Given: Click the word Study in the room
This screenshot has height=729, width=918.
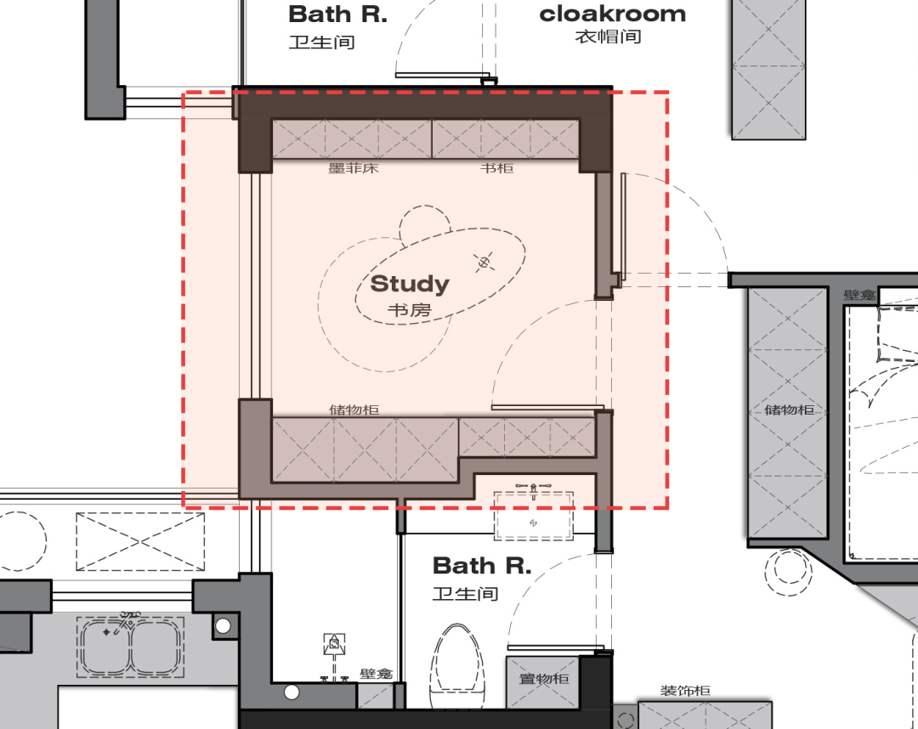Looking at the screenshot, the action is [410, 285].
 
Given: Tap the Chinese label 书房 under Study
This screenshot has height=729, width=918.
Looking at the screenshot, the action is [409, 310].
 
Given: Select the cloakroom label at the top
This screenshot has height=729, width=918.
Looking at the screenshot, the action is [612, 14].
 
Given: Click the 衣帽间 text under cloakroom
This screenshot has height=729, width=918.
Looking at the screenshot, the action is [609, 37].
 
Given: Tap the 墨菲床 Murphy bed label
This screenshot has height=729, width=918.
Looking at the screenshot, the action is [354, 168].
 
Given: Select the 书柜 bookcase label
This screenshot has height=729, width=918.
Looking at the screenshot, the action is [497, 168].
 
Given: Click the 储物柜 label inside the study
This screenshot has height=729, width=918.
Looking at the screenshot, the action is [354, 410].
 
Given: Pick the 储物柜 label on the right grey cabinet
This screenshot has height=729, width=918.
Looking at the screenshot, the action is [789, 410].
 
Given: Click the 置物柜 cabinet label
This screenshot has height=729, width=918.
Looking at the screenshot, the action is [544, 679].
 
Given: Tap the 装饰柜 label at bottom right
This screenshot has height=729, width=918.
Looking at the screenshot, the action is [686, 691].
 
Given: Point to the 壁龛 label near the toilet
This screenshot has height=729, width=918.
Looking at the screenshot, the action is [376, 674].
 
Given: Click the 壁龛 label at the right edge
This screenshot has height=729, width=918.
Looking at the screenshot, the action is [859, 295].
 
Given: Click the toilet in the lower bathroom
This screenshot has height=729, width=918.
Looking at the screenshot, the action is [459, 666].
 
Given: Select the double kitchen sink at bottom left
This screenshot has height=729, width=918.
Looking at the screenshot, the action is [130, 646].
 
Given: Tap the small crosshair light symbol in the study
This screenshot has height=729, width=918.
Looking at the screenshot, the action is [484, 263].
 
